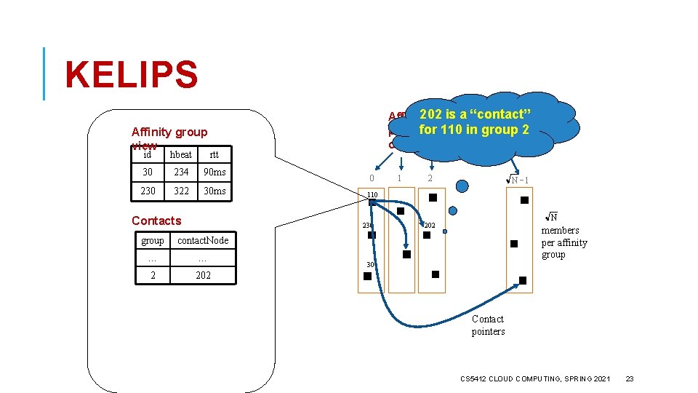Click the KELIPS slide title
[x=131, y=76]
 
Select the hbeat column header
[x=181, y=154]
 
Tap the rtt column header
[x=214, y=154]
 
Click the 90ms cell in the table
[x=214, y=172]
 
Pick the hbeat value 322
[x=181, y=191]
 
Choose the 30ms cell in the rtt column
[x=214, y=191]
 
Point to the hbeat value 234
[x=181, y=172]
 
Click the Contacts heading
[x=156, y=221]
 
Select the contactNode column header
[x=203, y=240]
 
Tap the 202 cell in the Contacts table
[x=203, y=275]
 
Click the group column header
[x=153, y=240]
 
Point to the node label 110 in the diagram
[x=372, y=195]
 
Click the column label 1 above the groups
[x=399, y=178]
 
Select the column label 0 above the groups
[x=372, y=178]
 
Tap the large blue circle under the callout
[x=461, y=186]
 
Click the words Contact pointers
[x=488, y=325]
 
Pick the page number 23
[x=630, y=378]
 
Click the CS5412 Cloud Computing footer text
[x=536, y=378]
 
